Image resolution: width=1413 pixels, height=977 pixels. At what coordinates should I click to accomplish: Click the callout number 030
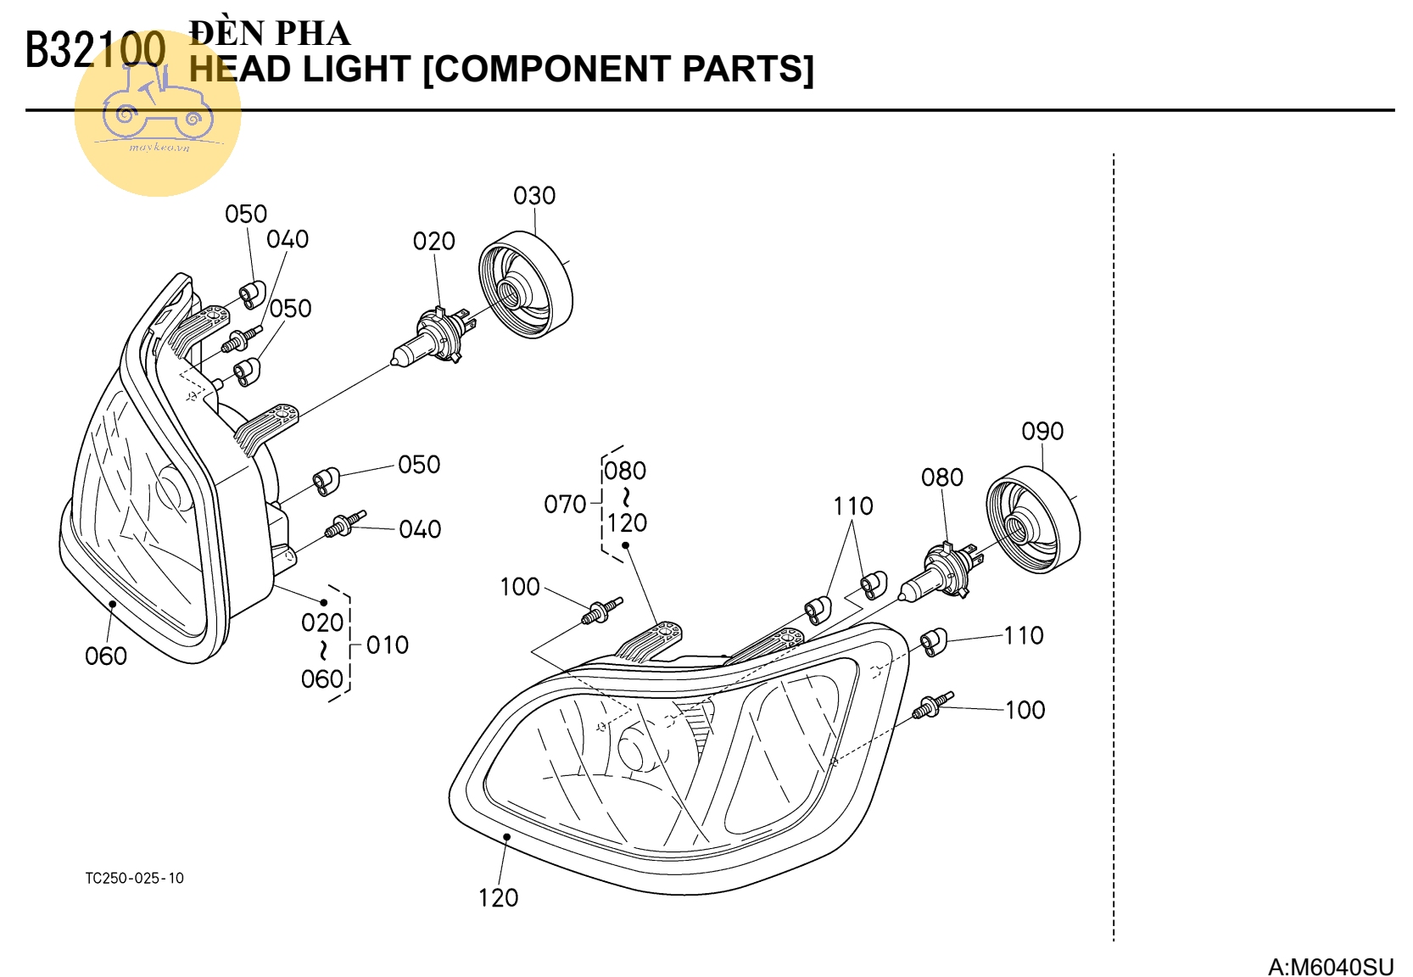point(534,196)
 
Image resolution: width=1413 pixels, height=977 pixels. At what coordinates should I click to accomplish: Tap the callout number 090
point(1042,432)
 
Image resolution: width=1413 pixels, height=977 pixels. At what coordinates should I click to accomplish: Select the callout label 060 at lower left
point(106,656)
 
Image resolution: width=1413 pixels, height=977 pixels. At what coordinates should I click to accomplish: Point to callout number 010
point(388,645)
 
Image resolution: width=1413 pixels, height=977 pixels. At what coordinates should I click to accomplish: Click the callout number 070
point(565,505)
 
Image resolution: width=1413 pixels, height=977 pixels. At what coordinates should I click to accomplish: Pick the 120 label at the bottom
point(498,898)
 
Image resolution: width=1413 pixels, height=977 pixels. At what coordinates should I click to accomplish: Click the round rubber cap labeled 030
point(526,284)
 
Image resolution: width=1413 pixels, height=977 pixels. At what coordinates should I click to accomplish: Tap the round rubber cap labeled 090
point(1033,519)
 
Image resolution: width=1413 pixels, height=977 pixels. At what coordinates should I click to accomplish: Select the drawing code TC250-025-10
point(134,879)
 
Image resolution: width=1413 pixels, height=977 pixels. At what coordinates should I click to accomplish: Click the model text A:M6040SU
point(1330,967)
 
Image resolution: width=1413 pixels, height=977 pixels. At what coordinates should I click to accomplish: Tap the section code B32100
point(95,50)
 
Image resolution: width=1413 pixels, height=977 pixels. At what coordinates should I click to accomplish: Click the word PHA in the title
point(313,34)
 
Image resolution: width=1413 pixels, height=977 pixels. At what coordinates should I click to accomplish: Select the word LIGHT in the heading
point(356,70)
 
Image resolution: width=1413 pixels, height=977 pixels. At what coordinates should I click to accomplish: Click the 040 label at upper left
point(288,240)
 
